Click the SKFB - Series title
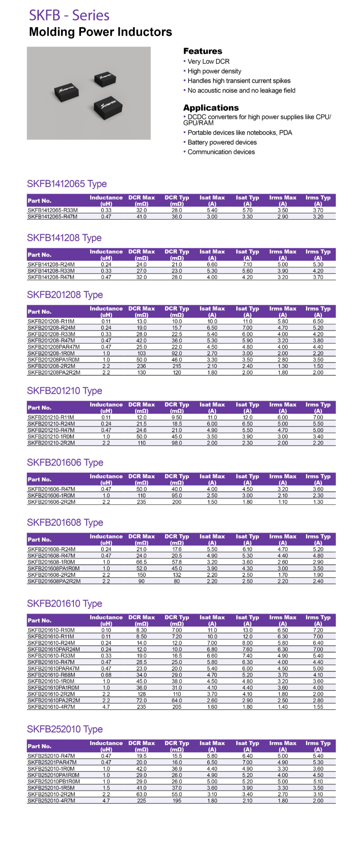point(69,15)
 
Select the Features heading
point(203,51)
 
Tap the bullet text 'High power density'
point(214,71)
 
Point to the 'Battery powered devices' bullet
point(222,142)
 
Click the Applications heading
point(211,108)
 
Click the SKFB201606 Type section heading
point(65,463)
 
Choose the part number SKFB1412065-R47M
point(52,217)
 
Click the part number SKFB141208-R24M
point(51,264)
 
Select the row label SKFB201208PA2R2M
point(54,372)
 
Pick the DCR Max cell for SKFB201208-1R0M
point(142,353)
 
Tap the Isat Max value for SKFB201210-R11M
point(212,417)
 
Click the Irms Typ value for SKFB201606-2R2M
point(318,502)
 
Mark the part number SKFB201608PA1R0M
point(54,569)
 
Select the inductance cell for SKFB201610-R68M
point(106,675)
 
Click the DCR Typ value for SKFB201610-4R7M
point(177,707)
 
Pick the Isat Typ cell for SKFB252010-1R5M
point(247,788)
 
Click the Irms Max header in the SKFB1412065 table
point(283,200)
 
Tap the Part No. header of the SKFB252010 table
point(39,746)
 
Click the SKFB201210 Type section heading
point(65,391)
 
